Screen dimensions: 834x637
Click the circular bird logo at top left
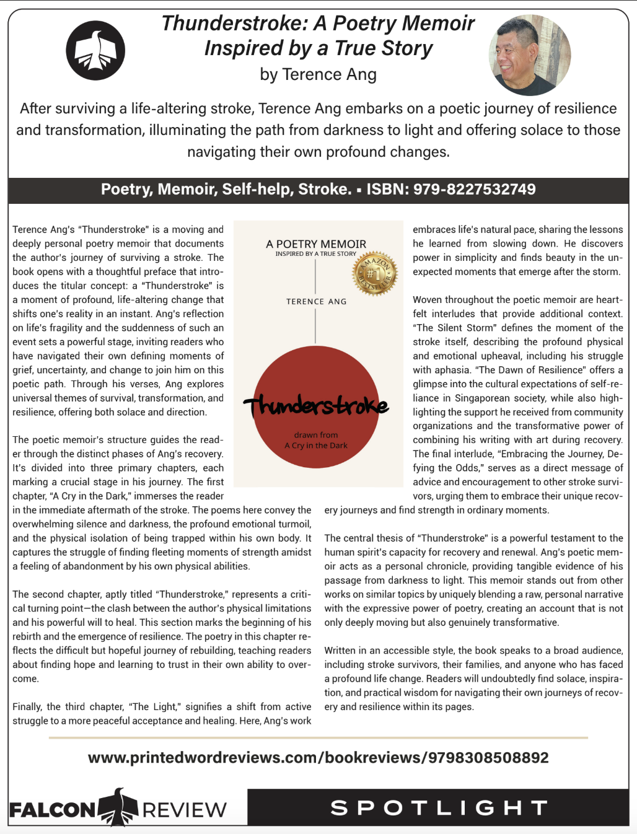[x=95, y=51]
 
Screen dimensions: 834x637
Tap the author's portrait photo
[x=530, y=55]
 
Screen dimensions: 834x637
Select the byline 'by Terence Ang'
[x=318, y=74]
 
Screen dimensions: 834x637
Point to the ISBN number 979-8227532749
[x=474, y=190]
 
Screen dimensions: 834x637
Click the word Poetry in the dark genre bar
[x=126, y=190]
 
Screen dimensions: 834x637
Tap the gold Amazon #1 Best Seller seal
[x=374, y=274]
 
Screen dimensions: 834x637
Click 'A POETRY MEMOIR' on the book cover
[x=316, y=244]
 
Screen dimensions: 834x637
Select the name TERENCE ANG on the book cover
[x=316, y=302]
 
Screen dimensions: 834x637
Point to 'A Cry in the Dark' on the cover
[x=316, y=446]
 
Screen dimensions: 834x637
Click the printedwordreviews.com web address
[x=318, y=758]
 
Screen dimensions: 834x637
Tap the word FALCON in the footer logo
[x=53, y=810]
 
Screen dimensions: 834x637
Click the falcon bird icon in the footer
[x=118, y=807]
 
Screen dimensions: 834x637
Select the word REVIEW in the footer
[x=185, y=810]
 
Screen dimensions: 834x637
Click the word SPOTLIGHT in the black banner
[x=439, y=808]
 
